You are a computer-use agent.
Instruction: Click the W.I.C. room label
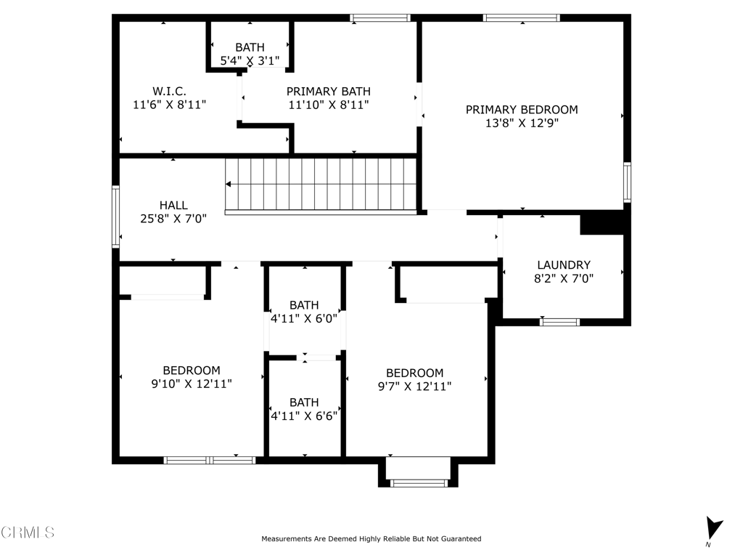pos(169,91)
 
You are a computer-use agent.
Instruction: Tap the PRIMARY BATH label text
pos(329,91)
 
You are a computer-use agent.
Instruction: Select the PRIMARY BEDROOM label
pos(522,110)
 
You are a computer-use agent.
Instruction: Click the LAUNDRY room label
pos(564,264)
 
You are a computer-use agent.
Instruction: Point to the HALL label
pos(173,205)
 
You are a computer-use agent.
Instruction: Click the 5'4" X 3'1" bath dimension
pos(250,61)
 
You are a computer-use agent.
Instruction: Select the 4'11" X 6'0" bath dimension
pos(304,318)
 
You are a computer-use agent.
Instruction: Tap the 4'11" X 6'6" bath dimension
pos(304,416)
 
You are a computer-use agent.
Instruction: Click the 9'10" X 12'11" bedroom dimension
pos(192,384)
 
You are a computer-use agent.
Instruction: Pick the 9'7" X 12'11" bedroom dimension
pos(414,387)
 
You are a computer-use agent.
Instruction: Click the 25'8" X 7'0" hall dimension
pos(173,219)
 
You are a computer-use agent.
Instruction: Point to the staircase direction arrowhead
pos(228,184)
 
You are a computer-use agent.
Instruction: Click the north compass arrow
pos(713,527)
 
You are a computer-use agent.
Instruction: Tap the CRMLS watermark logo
pos(28,532)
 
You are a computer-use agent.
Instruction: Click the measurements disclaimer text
pos(371,538)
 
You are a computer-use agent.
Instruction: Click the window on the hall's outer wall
pos(115,217)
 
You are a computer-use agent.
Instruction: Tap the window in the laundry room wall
pos(559,322)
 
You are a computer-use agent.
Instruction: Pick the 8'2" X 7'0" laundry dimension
pos(564,278)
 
